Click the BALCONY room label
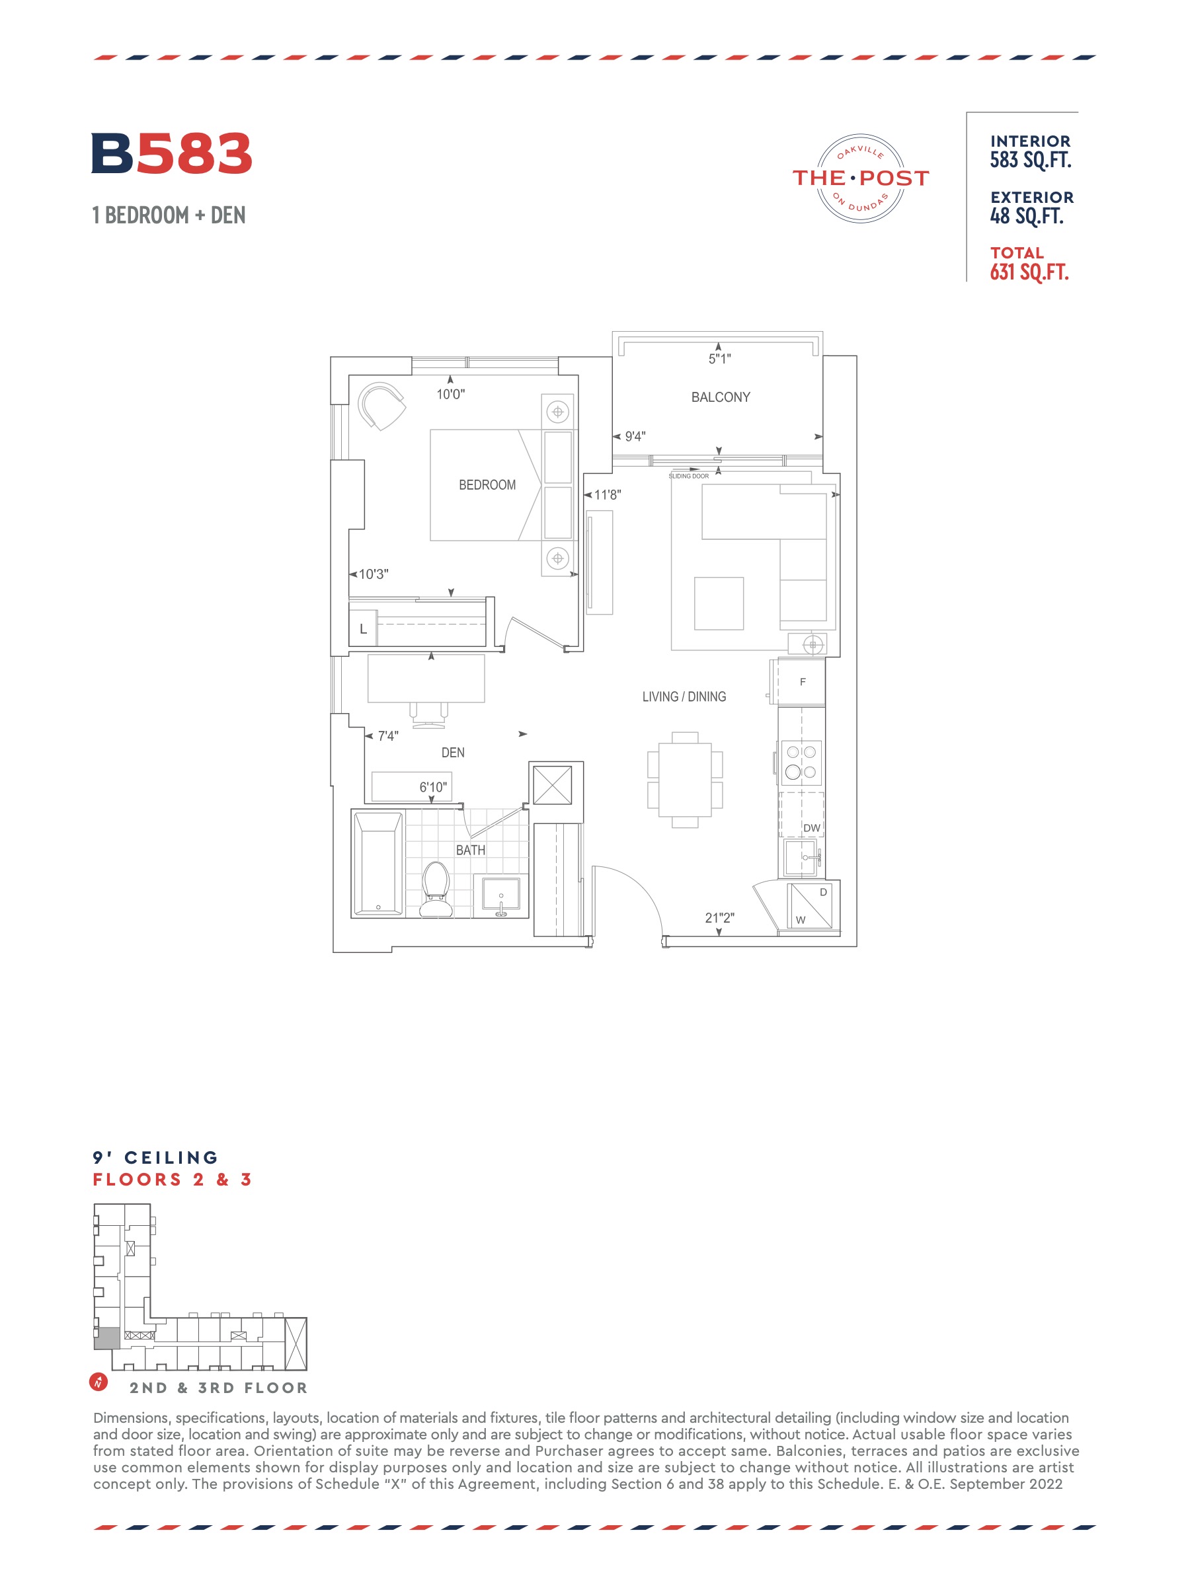(x=720, y=397)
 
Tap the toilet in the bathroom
(x=436, y=889)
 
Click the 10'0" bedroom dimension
(x=450, y=395)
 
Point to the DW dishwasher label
(x=811, y=828)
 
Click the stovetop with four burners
(x=801, y=761)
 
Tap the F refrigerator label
(x=803, y=682)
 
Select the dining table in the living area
(x=685, y=780)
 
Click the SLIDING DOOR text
(x=689, y=476)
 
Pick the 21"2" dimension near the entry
(x=719, y=918)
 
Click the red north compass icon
(x=99, y=1381)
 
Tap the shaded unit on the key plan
(x=108, y=1338)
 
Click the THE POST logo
(x=860, y=178)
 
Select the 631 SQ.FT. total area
(x=1029, y=272)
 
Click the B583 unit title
(x=171, y=153)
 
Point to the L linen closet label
(x=363, y=629)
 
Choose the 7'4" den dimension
(x=388, y=736)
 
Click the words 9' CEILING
(x=155, y=1158)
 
